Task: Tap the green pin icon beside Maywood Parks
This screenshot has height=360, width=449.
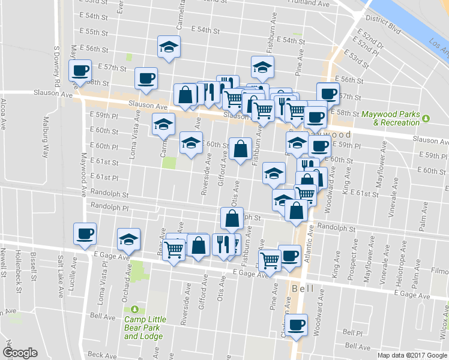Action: pyautogui.click(x=426, y=117)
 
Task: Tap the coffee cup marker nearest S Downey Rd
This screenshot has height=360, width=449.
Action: pyautogui.click(x=80, y=71)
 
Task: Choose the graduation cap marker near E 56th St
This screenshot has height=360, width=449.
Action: pyautogui.click(x=169, y=47)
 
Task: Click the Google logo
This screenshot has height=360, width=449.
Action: pyautogui.click(x=20, y=353)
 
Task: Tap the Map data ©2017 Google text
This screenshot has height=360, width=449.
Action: pyautogui.click(x=412, y=355)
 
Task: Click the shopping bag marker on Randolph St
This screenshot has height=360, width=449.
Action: pyautogui.click(x=232, y=218)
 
